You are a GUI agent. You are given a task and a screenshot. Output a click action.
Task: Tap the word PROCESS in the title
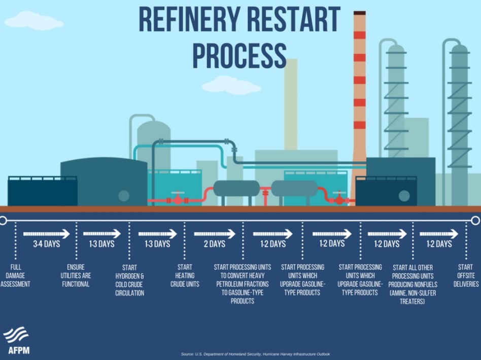(239, 54)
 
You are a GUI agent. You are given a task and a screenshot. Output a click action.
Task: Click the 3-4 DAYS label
(46, 244)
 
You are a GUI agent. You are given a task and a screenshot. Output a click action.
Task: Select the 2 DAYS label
(215, 244)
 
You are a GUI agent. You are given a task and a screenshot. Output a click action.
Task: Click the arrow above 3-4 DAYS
(46, 234)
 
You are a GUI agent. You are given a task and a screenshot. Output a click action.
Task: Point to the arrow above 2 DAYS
(215, 234)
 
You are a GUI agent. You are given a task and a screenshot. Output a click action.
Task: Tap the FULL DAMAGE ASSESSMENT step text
(15, 275)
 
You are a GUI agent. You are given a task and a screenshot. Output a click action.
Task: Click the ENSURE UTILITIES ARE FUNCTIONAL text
(76, 275)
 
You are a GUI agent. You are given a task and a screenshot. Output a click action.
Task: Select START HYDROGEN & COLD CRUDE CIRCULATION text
(129, 280)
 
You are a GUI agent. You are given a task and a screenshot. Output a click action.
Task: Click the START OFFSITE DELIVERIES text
(465, 275)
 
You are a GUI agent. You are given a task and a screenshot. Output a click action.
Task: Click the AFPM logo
(16, 340)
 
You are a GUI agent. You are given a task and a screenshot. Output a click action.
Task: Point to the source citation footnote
(256, 353)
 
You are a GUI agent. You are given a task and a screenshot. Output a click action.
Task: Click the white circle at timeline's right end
(475, 220)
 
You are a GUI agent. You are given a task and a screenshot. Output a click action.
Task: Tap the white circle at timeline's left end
(3, 220)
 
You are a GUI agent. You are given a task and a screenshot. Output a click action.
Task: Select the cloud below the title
(227, 85)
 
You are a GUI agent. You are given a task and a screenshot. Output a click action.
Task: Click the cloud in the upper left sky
(32, 21)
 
